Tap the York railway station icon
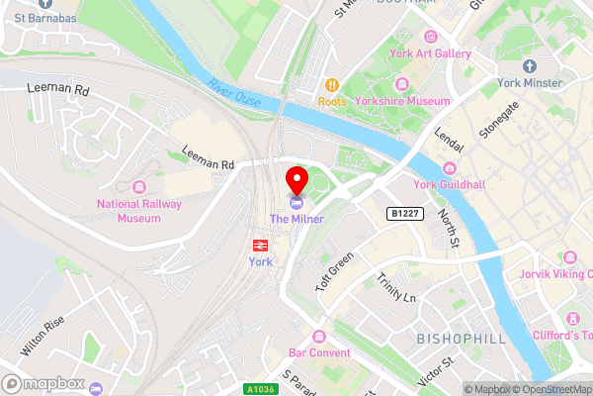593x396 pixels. (259, 244)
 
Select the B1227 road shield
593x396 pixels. (405, 214)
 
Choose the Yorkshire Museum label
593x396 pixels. (403, 101)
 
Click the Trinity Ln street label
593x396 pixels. (397, 285)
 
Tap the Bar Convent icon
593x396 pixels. (320, 336)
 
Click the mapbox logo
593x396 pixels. (42, 382)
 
